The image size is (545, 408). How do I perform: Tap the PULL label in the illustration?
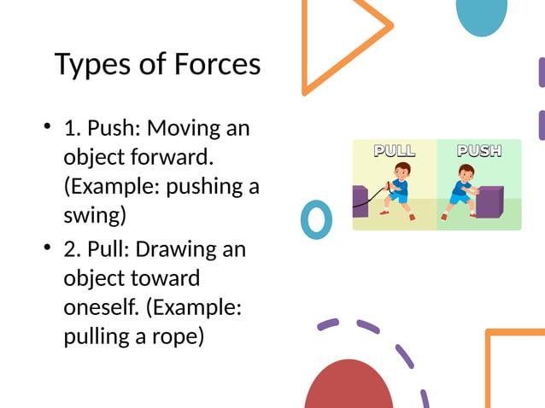click(395, 151)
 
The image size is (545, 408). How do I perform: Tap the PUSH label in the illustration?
click(478, 151)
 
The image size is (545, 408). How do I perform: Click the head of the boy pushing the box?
click(465, 173)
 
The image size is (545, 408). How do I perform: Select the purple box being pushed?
click(489, 201)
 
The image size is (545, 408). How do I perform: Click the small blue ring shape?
click(316, 219)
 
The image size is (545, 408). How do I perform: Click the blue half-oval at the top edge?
click(482, 15)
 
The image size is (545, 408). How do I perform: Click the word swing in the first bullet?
click(94, 213)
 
